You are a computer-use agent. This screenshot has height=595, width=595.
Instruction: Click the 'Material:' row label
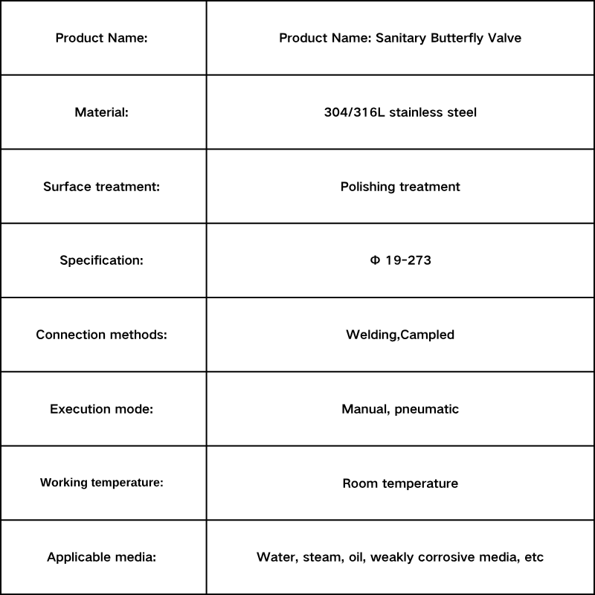point(102,112)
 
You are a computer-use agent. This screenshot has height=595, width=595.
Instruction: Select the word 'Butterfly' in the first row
point(459,38)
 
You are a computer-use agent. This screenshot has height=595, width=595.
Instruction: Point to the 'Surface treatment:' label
point(102,187)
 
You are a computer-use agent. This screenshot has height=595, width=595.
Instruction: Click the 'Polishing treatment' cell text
point(400,187)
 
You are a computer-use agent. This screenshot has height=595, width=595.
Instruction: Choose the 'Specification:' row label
point(102,260)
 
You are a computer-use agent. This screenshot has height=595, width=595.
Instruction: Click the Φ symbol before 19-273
point(375,260)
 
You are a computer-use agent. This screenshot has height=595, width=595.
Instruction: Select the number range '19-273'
point(408,260)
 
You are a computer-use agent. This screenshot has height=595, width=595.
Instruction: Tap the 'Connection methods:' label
point(102,335)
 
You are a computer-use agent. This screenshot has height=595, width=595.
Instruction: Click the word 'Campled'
point(428,335)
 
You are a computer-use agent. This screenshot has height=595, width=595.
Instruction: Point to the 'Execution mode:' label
point(102,409)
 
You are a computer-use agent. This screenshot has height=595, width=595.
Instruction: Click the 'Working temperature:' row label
point(102,483)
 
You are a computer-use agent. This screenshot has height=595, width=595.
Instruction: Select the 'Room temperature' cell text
point(400,483)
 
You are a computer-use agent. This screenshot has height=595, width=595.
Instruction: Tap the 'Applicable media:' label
point(102,557)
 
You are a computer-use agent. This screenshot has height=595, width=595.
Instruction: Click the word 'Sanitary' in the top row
point(400,38)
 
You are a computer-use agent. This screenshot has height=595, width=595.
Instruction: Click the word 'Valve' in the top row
point(505,38)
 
